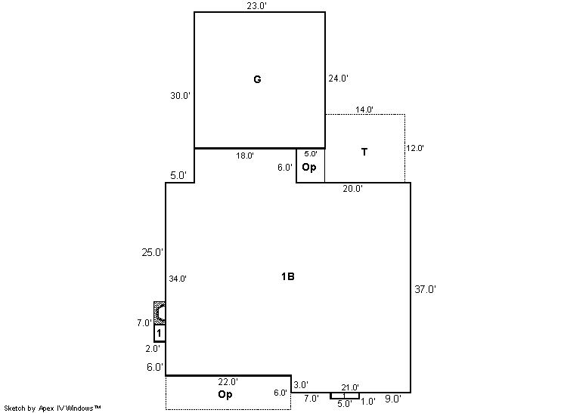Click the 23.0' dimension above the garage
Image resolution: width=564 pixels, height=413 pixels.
[x=257, y=6]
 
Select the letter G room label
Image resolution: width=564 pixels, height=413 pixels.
[x=257, y=79]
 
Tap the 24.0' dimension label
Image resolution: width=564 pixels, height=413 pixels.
[x=338, y=79]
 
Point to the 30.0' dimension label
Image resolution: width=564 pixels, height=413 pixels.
[x=180, y=96]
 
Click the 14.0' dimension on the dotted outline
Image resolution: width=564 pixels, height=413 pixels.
[x=364, y=109]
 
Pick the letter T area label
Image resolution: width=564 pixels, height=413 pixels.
[x=364, y=152]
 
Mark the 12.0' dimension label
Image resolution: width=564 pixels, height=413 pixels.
[x=415, y=148]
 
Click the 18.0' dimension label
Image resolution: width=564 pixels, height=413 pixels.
[x=245, y=156]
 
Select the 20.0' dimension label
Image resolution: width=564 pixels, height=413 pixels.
[x=352, y=189]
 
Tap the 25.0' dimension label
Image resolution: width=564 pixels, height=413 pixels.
[x=153, y=252]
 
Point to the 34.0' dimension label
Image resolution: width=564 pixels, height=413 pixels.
[x=178, y=279]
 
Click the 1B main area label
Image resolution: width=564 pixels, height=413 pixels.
[x=288, y=276]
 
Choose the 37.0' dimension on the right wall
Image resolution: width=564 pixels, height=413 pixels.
[x=425, y=289]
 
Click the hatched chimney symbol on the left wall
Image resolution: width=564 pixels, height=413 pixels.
[x=160, y=313]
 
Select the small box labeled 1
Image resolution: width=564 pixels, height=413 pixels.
[x=160, y=333]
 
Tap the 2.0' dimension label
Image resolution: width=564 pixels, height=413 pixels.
[x=153, y=348]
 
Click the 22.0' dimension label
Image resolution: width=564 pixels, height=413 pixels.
[x=228, y=382]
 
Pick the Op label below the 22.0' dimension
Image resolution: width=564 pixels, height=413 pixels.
[x=225, y=394]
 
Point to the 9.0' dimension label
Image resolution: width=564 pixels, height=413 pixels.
[x=393, y=399]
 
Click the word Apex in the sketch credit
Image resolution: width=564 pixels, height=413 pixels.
[x=45, y=408]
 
